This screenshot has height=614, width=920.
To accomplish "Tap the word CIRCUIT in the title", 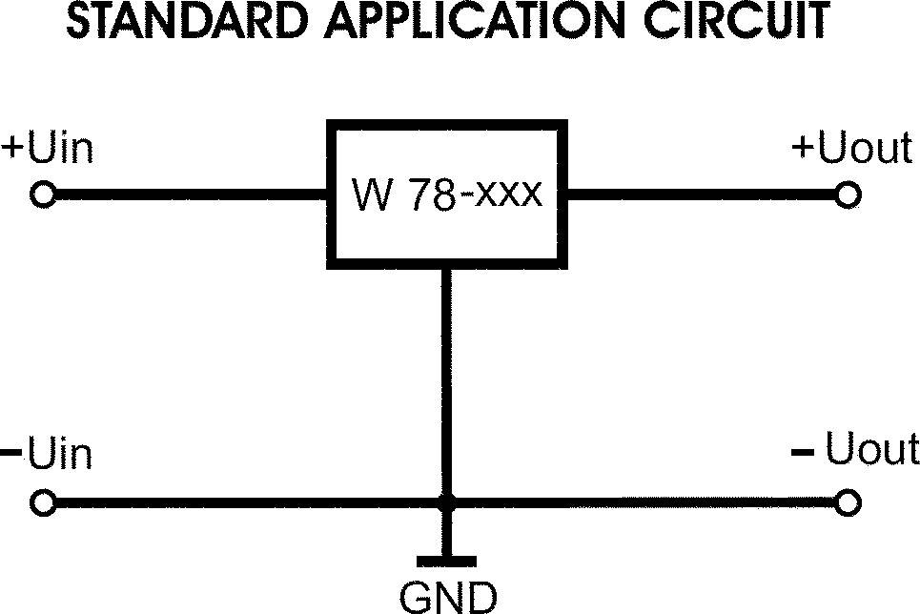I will (x=744, y=22).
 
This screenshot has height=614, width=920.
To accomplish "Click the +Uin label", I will (x=48, y=149).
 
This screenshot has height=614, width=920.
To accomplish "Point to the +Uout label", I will (x=851, y=149).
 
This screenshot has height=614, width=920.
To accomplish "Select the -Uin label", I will (x=48, y=454).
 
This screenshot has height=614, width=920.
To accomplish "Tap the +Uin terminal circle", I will (x=43, y=195).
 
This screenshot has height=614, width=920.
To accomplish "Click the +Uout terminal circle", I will (x=848, y=195).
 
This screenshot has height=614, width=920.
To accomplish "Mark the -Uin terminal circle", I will (x=43, y=502).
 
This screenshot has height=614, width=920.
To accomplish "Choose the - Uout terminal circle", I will (x=848, y=502).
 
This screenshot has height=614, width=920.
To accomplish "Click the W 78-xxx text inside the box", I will (x=446, y=194).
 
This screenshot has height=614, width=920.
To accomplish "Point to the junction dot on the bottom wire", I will (x=446, y=502).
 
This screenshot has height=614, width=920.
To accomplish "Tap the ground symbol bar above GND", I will (x=446, y=561).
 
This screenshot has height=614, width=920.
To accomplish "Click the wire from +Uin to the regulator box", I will (x=191, y=195).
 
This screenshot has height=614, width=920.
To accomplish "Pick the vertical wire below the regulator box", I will (x=446, y=381).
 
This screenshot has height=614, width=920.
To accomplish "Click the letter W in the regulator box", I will (x=368, y=194).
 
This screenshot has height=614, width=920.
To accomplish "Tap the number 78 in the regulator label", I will (x=424, y=194).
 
